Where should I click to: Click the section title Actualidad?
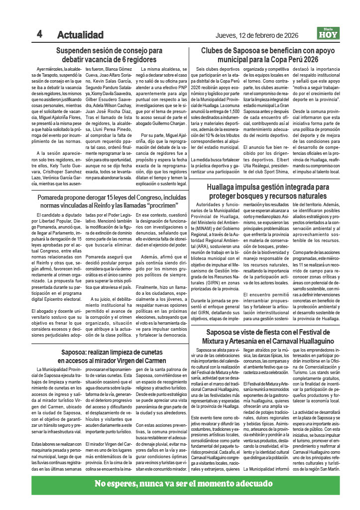(80, 35)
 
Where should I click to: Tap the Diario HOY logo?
(329, 34)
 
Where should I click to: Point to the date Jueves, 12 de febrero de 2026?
(257, 35)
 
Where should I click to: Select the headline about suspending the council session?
(109, 55)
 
